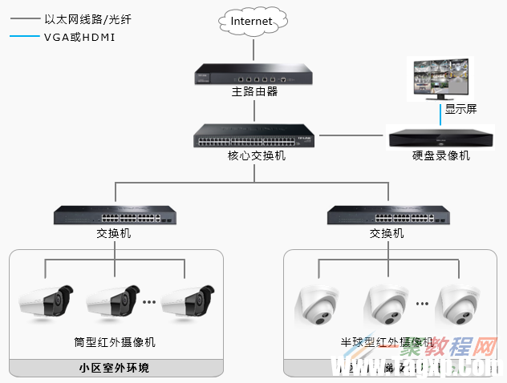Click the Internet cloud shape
[x=252, y=21]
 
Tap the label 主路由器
[x=254, y=91]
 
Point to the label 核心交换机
[x=256, y=155]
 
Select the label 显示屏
[x=460, y=109]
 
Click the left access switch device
[x=115, y=215]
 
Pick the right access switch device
[x=387, y=215]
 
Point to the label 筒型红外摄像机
[x=114, y=342]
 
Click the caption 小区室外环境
[x=115, y=369]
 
